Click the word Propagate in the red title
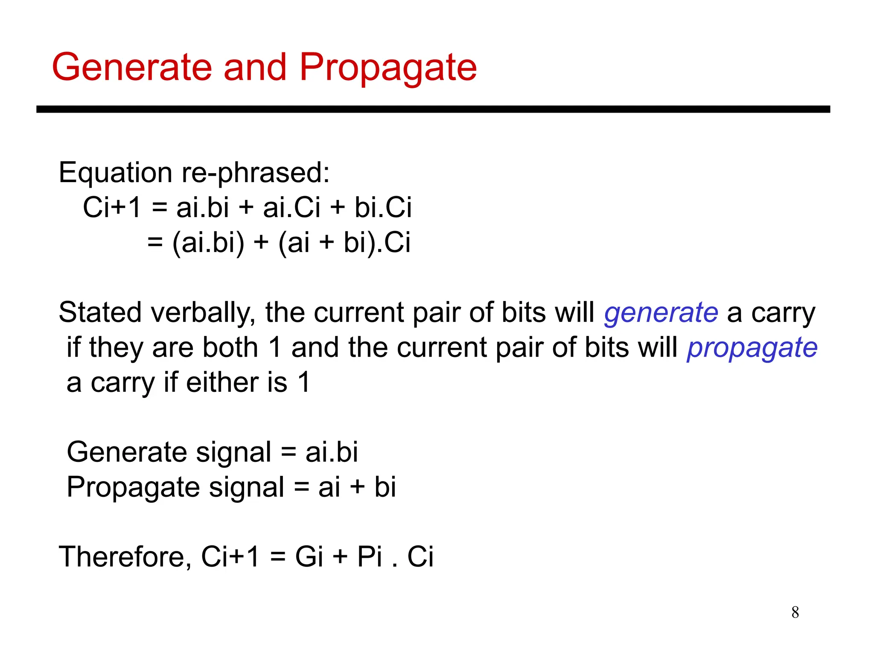pos(387,68)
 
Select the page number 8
pos(795,612)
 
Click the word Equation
pos(116,174)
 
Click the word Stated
pos(100,312)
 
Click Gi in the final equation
pos(309,556)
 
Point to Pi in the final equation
pos(370,556)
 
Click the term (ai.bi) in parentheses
pos(208,243)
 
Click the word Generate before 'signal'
pos(127,452)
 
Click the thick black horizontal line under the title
pos(433,110)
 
